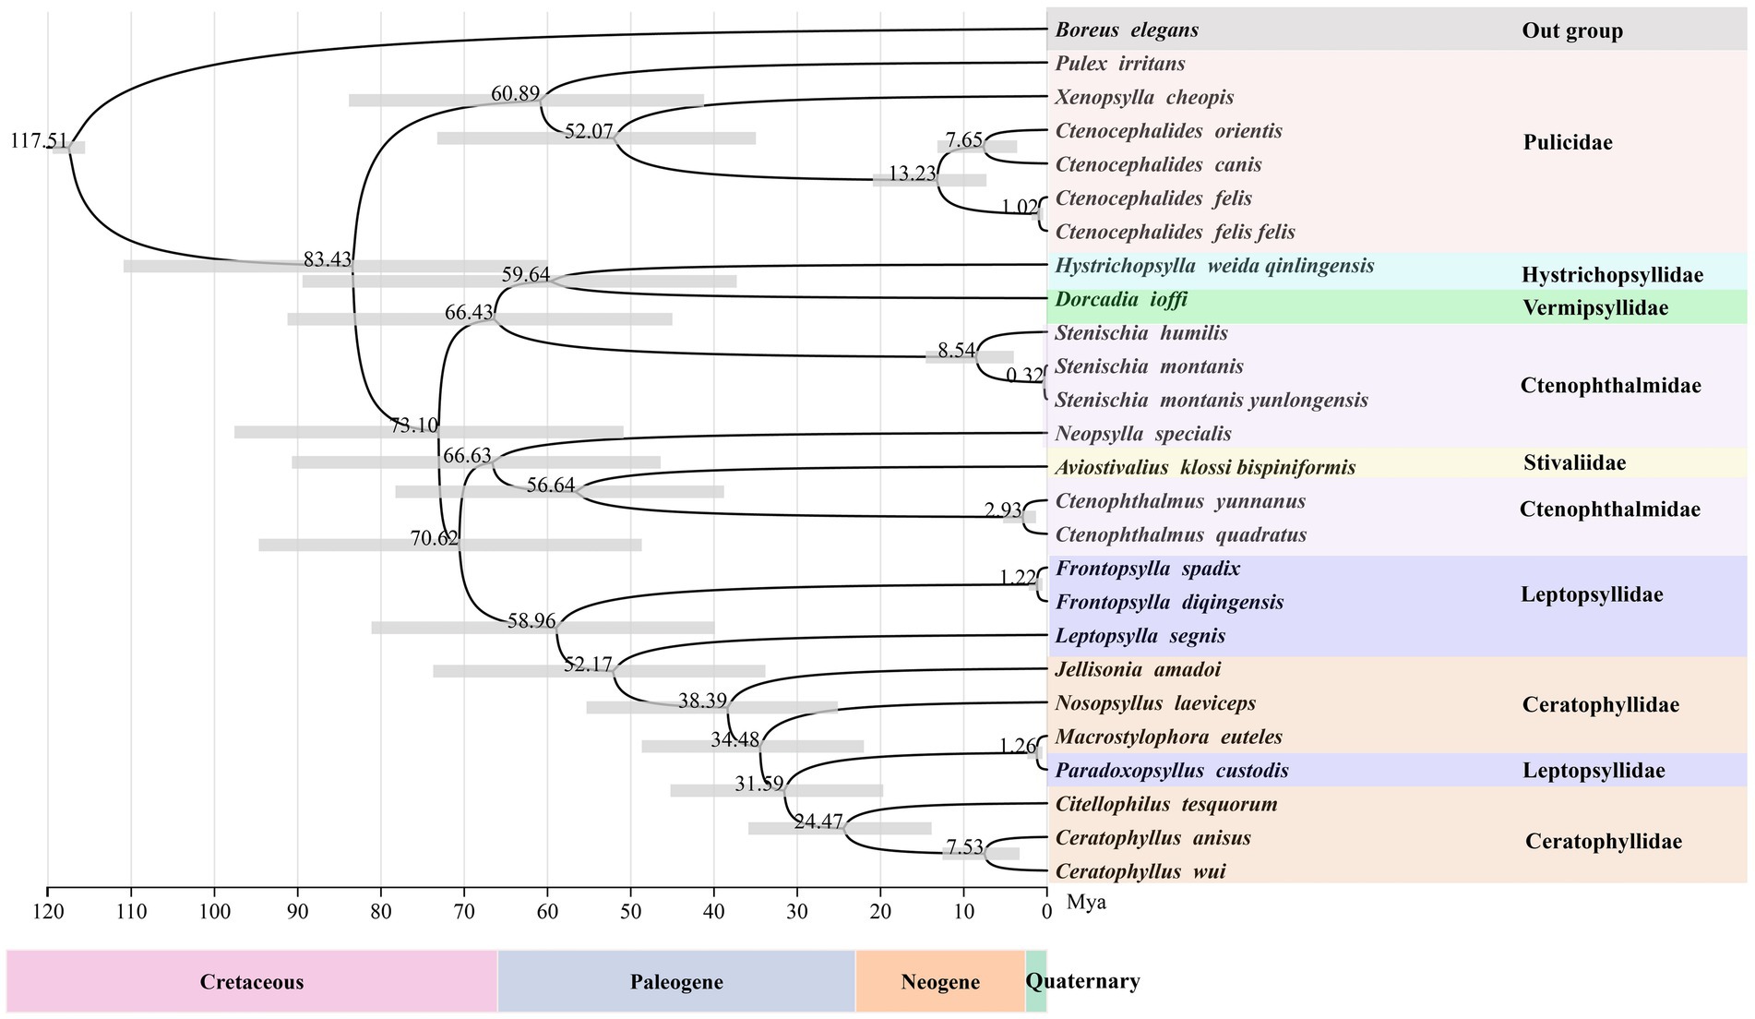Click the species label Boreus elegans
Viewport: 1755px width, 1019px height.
tap(1127, 30)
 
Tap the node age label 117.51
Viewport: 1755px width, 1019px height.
tap(37, 141)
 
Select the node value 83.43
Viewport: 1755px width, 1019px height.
tap(328, 260)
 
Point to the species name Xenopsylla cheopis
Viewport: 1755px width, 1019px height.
tap(1144, 98)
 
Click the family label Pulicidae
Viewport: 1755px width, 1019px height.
tap(1568, 143)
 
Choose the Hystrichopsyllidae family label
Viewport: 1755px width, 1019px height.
tap(1612, 275)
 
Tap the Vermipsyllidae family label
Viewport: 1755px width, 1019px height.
tap(1594, 308)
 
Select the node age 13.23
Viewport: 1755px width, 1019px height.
tap(912, 174)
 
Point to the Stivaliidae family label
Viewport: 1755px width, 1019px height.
tap(1574, 463)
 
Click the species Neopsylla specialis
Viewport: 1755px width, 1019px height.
tap(1142, 434)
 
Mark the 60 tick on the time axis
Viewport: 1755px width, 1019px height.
tap(548, 912)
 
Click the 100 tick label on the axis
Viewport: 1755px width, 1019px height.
tap(214, 912)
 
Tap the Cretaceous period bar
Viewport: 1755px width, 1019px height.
tap(252, 982)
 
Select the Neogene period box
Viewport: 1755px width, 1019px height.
tap(939, 982)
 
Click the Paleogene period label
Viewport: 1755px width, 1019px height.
tap(676, 982)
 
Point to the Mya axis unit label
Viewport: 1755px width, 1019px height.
tap(1086, 903)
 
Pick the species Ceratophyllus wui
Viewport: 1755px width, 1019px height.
tap(1140, 872)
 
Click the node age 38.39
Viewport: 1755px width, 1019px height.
tap(702, 701)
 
